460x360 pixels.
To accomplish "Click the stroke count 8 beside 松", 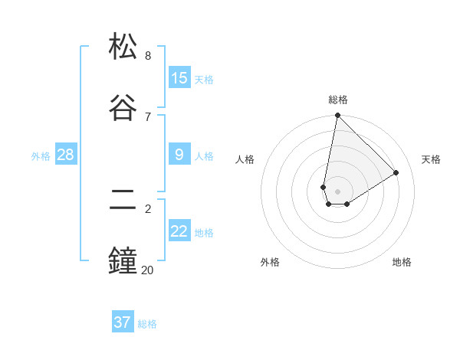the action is (148, 56).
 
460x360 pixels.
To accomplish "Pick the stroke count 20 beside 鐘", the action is (147, 269).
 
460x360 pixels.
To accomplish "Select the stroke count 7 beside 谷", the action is (148, 116).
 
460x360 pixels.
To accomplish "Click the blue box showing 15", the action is (179, 77).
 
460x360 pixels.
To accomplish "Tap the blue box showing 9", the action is (179, 155).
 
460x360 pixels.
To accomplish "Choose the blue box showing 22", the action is (179, 231).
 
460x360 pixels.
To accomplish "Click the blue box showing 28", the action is (66, 155).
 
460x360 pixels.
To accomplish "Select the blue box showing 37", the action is (123, 322).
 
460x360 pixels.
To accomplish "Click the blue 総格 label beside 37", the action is (147, 324).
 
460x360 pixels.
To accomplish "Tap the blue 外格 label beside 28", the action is (41, 156).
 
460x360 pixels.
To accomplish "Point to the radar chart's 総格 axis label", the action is (338, 100).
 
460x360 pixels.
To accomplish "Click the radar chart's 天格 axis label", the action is (431, 159).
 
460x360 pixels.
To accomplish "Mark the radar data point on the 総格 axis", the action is (337, 116).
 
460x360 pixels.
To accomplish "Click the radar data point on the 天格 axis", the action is (396, 173).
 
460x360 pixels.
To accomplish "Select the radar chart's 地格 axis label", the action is (402, 262).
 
